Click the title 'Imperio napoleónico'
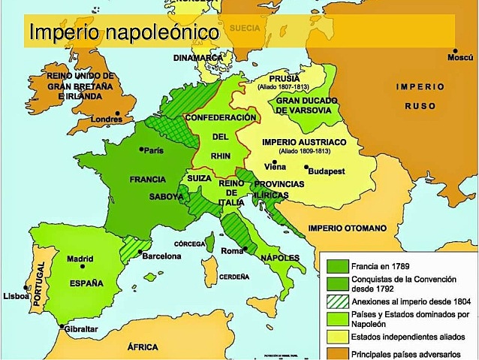click(x=124, y=33)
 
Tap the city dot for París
click(x=141, y=150)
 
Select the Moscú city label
click(x=459, y=58)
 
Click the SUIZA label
click(x=198, y=180)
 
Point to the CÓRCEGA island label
click(x=189, y=244)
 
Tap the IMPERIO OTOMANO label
click(x=347, y=228)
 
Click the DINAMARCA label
click(x=197, y=58)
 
